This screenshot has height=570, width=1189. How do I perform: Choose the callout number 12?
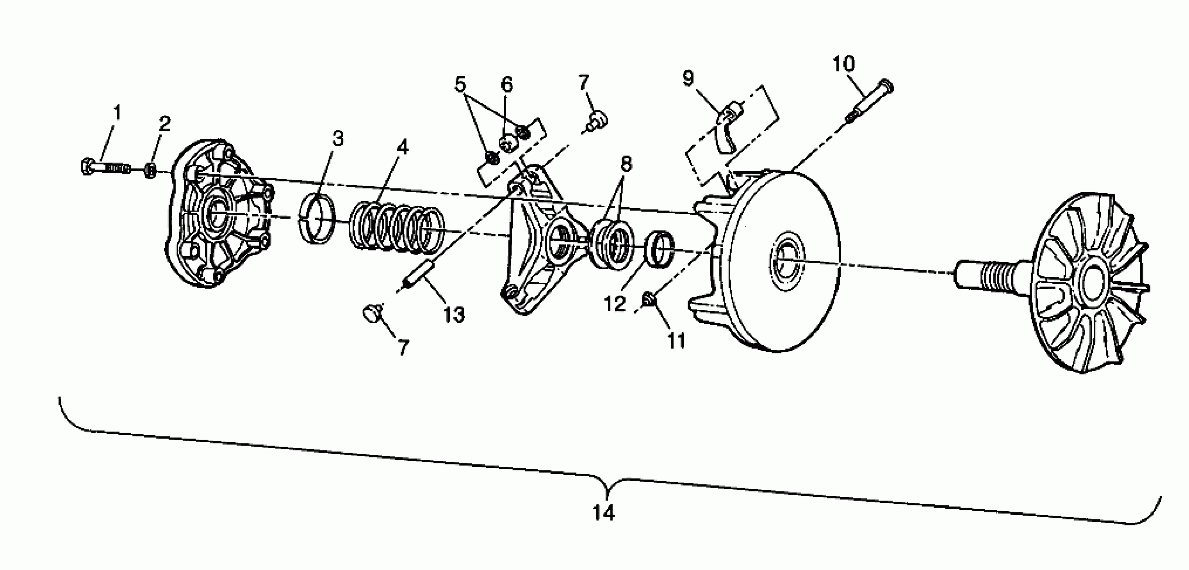(615, 304)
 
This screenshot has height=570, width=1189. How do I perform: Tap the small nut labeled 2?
(150, 171)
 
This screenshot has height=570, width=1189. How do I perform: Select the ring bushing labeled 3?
(318, 219)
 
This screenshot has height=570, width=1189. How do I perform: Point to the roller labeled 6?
(507, 145)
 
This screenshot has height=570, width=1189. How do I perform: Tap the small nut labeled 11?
(648, 300)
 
